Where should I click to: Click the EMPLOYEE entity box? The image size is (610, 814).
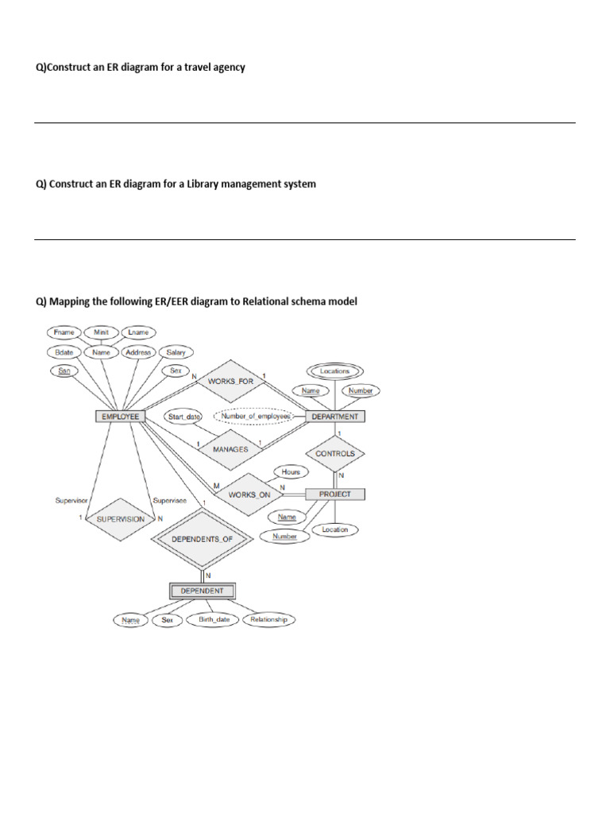click(118, 416)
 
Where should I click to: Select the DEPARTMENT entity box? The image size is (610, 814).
click(335, 416)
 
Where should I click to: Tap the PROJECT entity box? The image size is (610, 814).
click(334, 494)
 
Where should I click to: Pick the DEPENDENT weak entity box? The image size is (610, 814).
click(202, 591)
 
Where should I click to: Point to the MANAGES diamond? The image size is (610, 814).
click(230, 449)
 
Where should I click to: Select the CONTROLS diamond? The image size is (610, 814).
click(334, 454)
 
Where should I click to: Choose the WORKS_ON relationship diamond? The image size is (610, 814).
click(249, 494)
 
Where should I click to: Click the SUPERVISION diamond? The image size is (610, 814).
click(121, 519)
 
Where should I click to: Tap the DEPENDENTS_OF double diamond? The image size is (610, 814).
click(202, 539)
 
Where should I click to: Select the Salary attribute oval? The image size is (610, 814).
click(176, 352)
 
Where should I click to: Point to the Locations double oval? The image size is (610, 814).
click(334, 371)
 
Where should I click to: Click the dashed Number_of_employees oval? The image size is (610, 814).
click(256, 415)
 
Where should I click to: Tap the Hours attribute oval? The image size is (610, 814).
click(291, 471)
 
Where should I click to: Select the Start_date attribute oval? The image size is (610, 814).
click(183, 416)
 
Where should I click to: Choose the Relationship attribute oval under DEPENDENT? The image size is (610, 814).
click(268, 619)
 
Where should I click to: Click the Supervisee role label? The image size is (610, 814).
click(168, 501)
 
